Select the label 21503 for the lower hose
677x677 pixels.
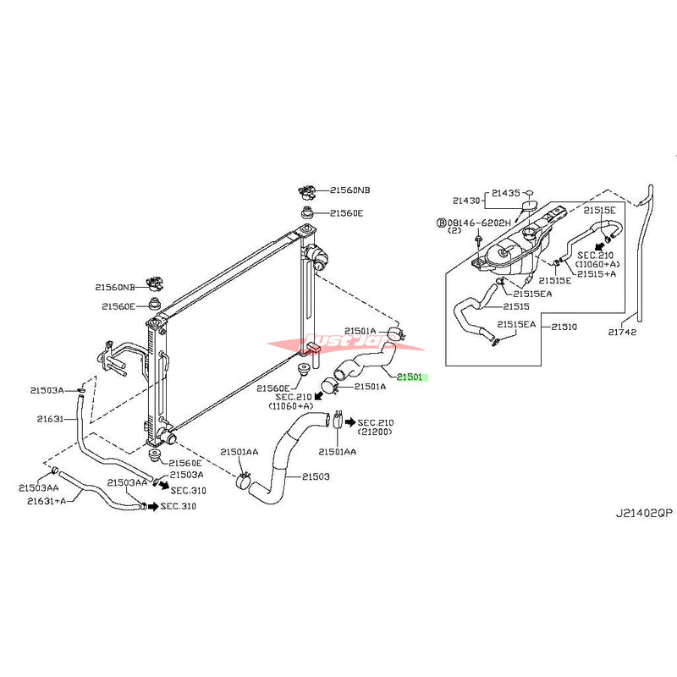click(x=313, y=476)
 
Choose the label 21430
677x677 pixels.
click(x=465, y=201)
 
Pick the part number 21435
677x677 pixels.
click(x=508, y=193)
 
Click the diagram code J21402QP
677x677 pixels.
click(x=643, y=513)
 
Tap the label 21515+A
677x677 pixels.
click(x=597, y=273)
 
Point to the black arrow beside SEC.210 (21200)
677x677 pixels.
click(x=350, y=421)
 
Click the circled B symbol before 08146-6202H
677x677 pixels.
click(x=441, y=223)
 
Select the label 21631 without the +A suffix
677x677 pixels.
click(x=49, y=417)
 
